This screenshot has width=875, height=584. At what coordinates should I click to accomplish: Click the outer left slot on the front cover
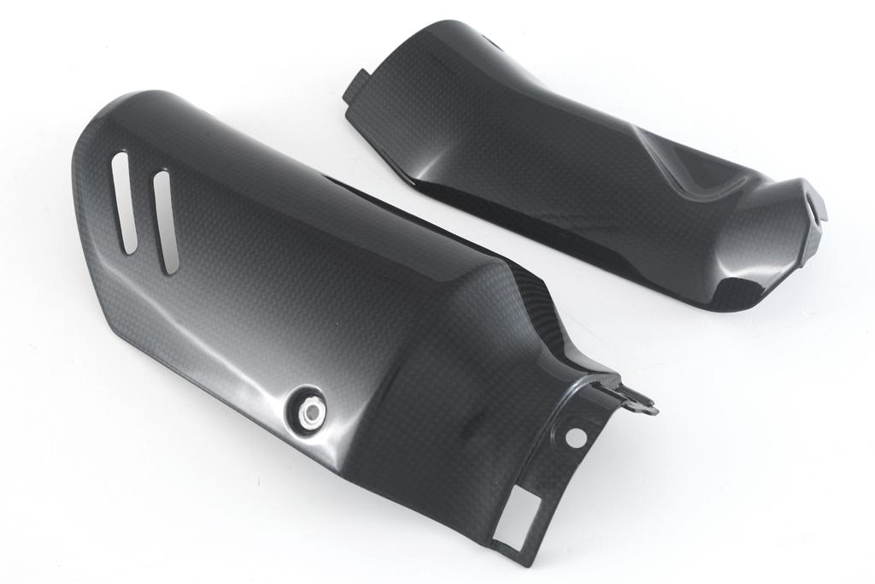125,202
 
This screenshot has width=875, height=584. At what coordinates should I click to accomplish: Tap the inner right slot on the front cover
165,222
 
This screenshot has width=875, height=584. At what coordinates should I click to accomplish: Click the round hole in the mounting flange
576,437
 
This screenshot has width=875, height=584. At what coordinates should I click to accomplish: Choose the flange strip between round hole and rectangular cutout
547,479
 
